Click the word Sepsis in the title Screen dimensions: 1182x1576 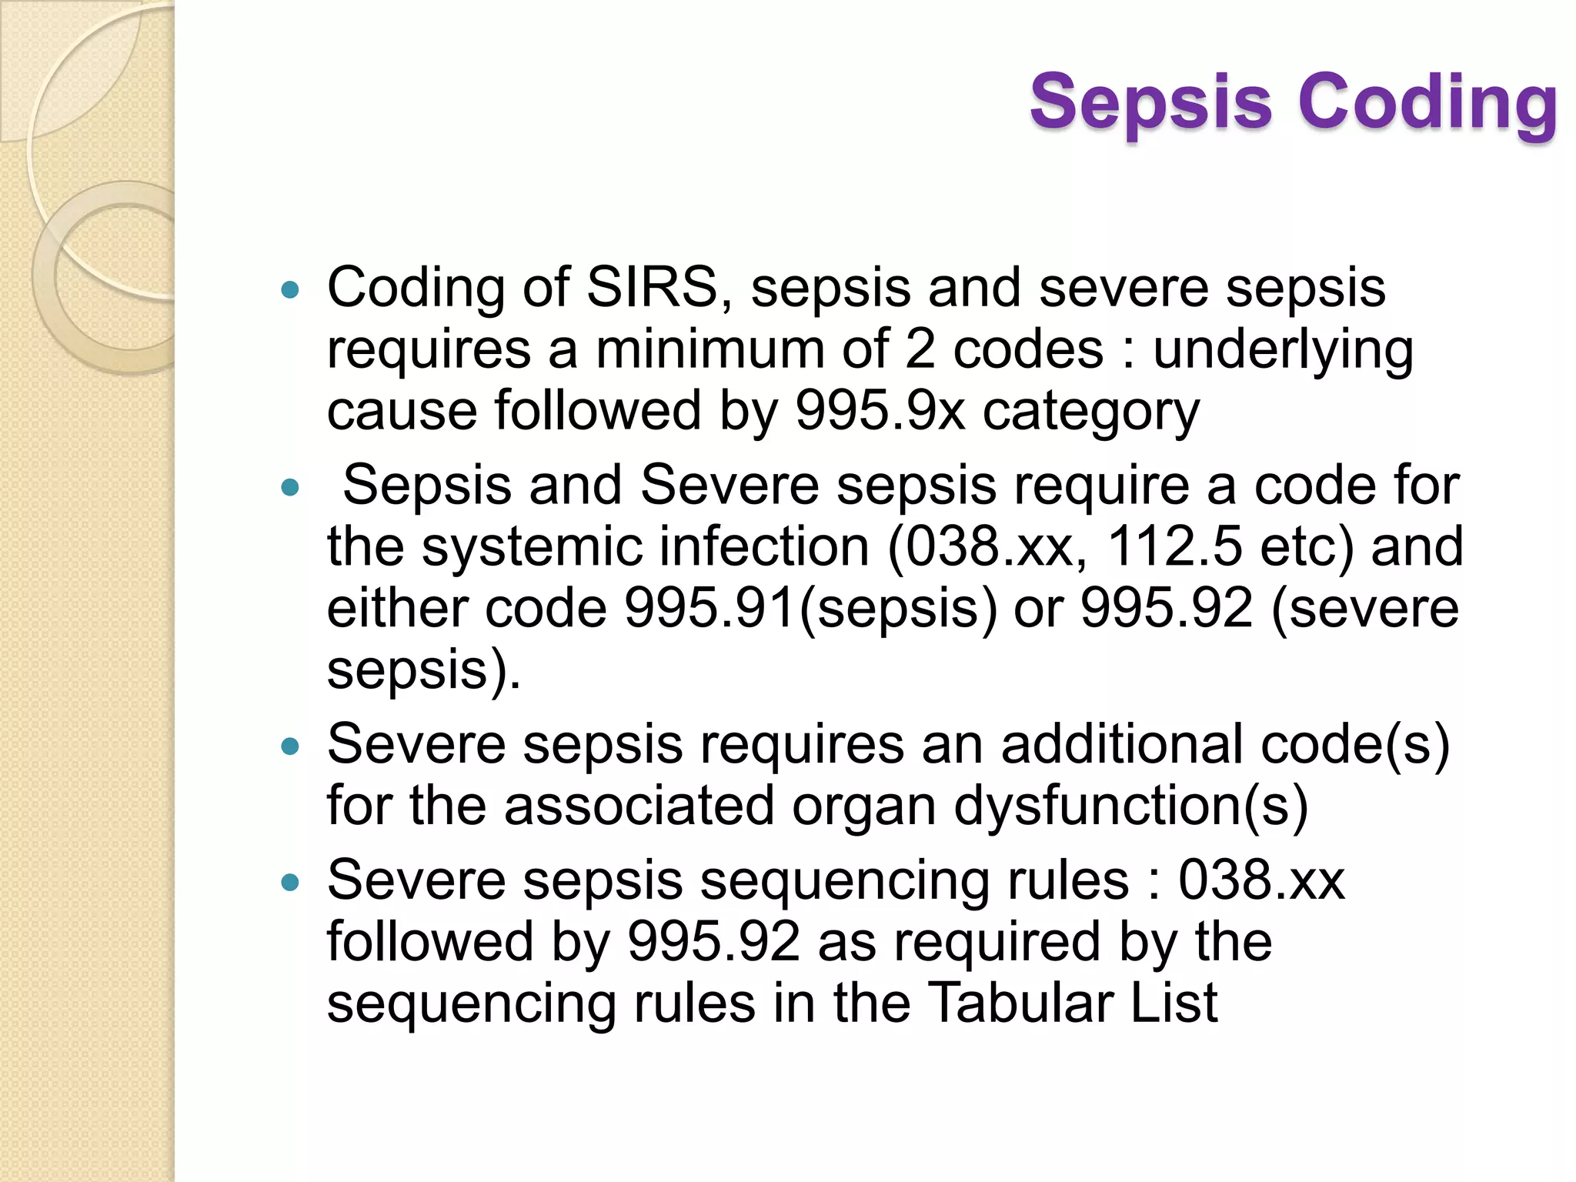(x=1151, y=102)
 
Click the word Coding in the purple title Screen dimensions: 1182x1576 (x=1428, y=102)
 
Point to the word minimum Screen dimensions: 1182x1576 (x=710, y=349)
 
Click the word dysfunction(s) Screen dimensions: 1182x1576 (x=1131, y=806)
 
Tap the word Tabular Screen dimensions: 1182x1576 (x=1020, y=1003)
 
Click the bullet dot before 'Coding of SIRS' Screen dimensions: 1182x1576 (x=290, y=291)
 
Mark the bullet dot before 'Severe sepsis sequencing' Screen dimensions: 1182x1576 (x=290, y=883)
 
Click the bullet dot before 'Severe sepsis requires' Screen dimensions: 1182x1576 (x=290, y=746)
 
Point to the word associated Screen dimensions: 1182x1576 (x=639, y=806)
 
